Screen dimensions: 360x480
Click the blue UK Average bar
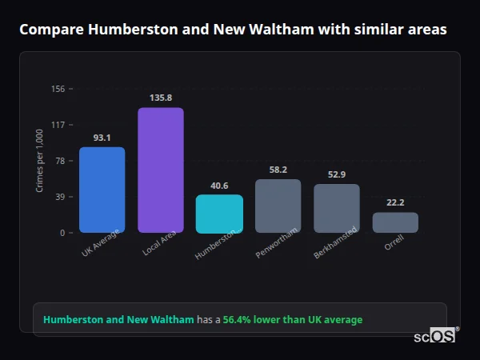[102, 190]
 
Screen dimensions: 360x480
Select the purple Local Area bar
[161, 170]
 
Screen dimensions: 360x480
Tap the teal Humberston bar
[219, 214]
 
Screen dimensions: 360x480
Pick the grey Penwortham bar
[278, 206]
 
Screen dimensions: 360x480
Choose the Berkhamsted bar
[337, 208]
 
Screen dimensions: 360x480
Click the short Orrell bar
[395, 222]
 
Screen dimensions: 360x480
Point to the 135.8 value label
[161, 98]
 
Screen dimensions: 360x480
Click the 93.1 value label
[102, 138]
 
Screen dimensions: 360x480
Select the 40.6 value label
[219, 186]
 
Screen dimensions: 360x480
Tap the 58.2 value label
[278, 170]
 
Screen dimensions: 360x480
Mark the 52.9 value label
[337, 174]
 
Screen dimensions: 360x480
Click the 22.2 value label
[395, 203]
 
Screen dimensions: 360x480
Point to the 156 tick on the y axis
[58, 89]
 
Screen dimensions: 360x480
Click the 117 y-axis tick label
[58, 125]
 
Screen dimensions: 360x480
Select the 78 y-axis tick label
[60, 161]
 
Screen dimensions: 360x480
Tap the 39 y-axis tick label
[60, 197]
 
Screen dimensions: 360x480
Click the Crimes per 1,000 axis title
[39, 161]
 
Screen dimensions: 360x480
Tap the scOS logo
[435, 336]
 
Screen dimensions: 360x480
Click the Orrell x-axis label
[394, 243]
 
